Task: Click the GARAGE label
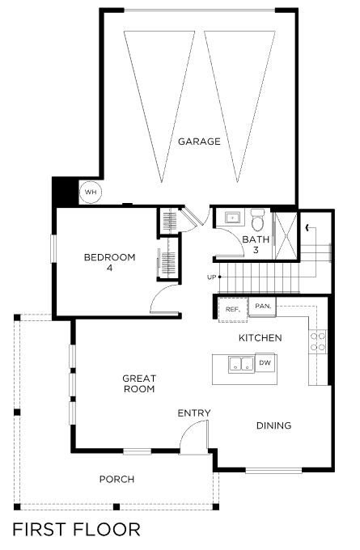point(199,142)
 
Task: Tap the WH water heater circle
point(91,192)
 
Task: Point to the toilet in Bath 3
point(258,219)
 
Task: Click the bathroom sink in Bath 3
point(232,218)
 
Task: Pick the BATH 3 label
point(256,244)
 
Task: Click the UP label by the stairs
point(211,277)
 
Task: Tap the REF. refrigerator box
point(233,309)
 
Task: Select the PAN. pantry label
point(263,306)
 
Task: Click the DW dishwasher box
point(265,362)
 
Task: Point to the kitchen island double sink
point(241,364)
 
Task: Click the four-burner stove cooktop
point(317,342)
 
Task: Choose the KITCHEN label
point(260,338)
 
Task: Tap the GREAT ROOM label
point(139,383)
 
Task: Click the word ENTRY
point(194,413)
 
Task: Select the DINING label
point(273,425)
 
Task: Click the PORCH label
point(116,479)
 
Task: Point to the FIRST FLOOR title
point(77,530)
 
